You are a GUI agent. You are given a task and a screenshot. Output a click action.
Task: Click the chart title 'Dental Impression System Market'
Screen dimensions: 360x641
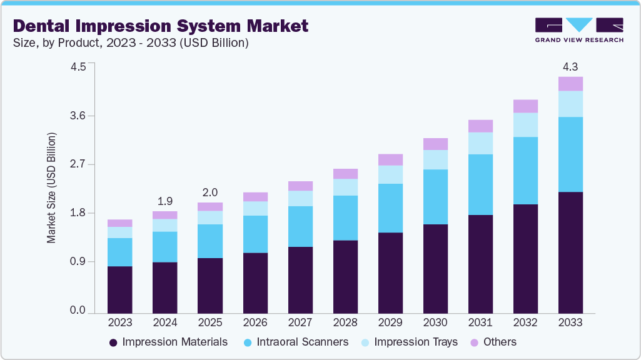(x=161, y=26)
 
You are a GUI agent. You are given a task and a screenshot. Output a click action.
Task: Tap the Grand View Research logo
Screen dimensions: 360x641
(x=578, y=29)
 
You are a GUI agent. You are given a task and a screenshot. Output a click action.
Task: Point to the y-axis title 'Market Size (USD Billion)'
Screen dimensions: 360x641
(x=52, y=187)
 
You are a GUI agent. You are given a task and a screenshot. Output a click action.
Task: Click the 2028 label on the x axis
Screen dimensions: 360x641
(x=345, y=323)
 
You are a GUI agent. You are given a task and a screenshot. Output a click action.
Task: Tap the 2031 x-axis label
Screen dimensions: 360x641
(x=480, y=323)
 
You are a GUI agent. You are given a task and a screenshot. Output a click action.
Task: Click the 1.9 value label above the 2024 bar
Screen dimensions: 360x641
(x=165, y=201)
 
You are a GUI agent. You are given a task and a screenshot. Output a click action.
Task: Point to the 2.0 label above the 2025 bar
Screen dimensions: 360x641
(x=210, y=192)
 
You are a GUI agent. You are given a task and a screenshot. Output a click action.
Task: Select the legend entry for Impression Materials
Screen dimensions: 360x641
(x=168, y=342)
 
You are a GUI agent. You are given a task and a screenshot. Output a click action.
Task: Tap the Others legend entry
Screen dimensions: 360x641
(x=493, y=342)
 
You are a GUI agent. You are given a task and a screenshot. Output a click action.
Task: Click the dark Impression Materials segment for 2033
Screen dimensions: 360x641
(x=570, y=252)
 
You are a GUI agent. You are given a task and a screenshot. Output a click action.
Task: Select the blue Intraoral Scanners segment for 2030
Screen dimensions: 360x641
(x=435, y=197)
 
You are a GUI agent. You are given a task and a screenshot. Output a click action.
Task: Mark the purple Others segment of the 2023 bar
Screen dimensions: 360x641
(x=120, y=223)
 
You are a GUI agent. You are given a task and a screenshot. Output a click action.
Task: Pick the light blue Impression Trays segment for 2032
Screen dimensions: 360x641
(x=525, y=125)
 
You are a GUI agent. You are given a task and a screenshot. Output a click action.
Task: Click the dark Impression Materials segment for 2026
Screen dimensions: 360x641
(x=255, y=282)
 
